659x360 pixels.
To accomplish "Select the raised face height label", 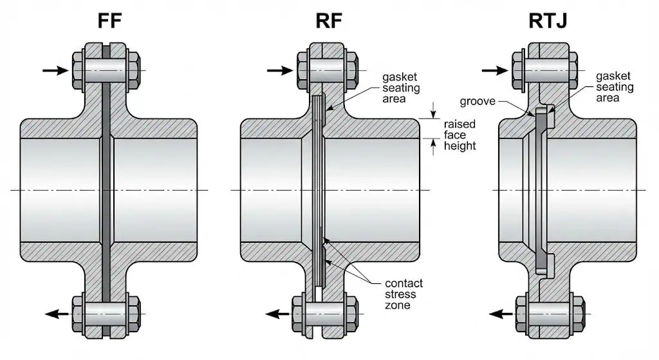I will tap(459, 135).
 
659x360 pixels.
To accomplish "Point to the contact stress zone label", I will tap(404, 294).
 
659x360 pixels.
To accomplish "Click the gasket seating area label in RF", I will tap(403, 88).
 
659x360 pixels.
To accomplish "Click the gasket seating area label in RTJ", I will tap(615, 87).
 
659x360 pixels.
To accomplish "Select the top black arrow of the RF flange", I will tap(280, 70).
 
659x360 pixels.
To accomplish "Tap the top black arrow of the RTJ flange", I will tap(496, 70).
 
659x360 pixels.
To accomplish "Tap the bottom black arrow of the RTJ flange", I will tap(501, 314).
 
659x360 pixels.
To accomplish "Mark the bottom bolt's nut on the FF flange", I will tap(133, 314).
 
